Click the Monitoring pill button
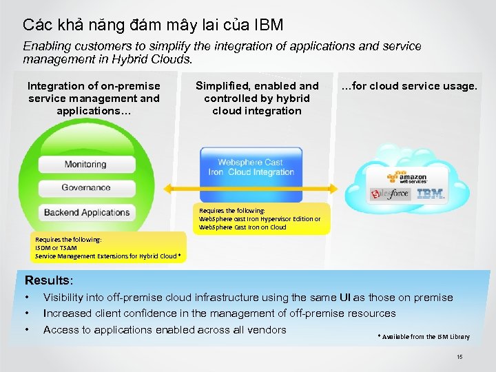tap(85, 165)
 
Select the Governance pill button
tap(85, 187)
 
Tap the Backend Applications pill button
tap(86, 212)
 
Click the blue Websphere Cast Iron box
tap(251, 168)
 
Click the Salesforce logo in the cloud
tap(390, 194)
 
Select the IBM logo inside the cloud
tap(431, 194)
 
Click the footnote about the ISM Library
tap(424, 336)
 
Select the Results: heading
tap(49, 280)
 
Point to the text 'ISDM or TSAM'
tap(56, 247)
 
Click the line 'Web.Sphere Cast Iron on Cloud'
tap(242, 227)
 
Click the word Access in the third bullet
tap(60, 329)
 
